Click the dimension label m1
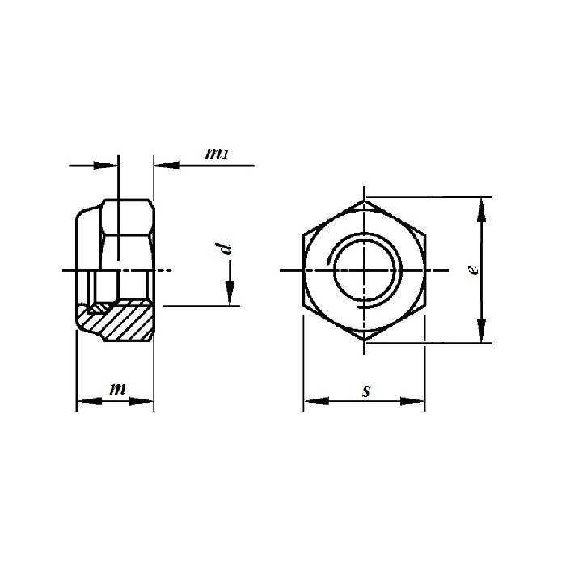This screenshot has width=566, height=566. click(x=217, y=154)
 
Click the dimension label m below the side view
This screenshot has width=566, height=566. click(x=118, y=389)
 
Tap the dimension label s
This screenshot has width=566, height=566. click(x=366, y=391)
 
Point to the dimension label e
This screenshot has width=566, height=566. click(x=473, y=269)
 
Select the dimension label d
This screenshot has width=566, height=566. click(x=223, y=249)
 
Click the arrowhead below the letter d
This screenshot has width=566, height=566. click(x=229, y=293)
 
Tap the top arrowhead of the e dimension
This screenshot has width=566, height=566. click(x=481, y=209)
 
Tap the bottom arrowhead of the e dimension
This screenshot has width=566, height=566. click(x=481, y=330)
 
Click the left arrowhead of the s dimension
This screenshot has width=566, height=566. click(x=317, y=401)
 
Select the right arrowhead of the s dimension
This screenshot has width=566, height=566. click(x=412, y=401)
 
